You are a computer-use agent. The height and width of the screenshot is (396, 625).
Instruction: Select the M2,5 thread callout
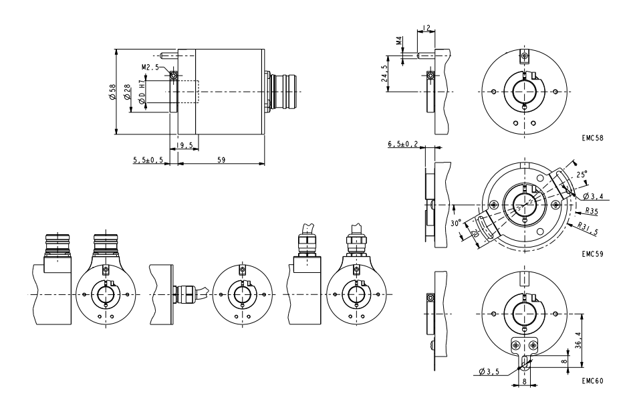150,68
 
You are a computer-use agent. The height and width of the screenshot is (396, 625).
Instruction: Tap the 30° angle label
456,223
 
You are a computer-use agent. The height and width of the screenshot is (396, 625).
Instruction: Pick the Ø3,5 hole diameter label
490,370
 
